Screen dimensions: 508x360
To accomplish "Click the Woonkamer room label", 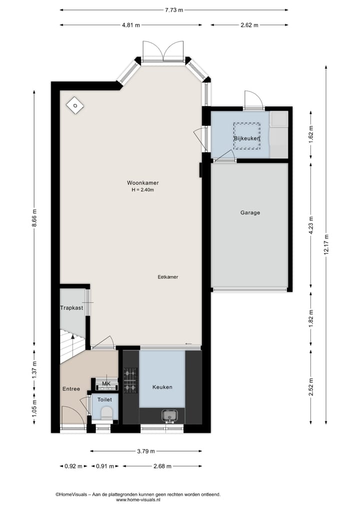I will coord(142,183).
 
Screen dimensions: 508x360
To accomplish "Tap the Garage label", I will coord(250,212).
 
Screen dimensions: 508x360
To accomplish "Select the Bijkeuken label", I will coord(247,138).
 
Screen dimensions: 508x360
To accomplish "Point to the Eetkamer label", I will coord(168,277).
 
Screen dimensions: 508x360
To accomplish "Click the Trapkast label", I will coord(71,308).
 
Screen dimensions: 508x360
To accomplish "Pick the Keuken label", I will coord(162,387).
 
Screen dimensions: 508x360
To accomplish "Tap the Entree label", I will coord(71,389).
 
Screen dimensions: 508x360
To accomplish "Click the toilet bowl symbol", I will coord(106,413).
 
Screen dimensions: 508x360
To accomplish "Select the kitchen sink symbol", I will coord(168,416).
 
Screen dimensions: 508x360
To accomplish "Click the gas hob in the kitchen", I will coord(130,380).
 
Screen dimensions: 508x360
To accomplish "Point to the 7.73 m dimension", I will coord(173,9).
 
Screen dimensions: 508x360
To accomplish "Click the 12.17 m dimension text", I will coord(326,245).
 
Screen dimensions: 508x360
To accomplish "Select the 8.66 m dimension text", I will coord(34,217).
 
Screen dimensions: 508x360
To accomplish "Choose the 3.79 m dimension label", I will coord(145,451).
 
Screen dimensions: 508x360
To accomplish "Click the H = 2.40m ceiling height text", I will coord(142,190).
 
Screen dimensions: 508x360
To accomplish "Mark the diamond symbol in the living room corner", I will coord(74,105).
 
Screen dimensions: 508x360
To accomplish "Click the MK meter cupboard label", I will coord(106,384).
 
